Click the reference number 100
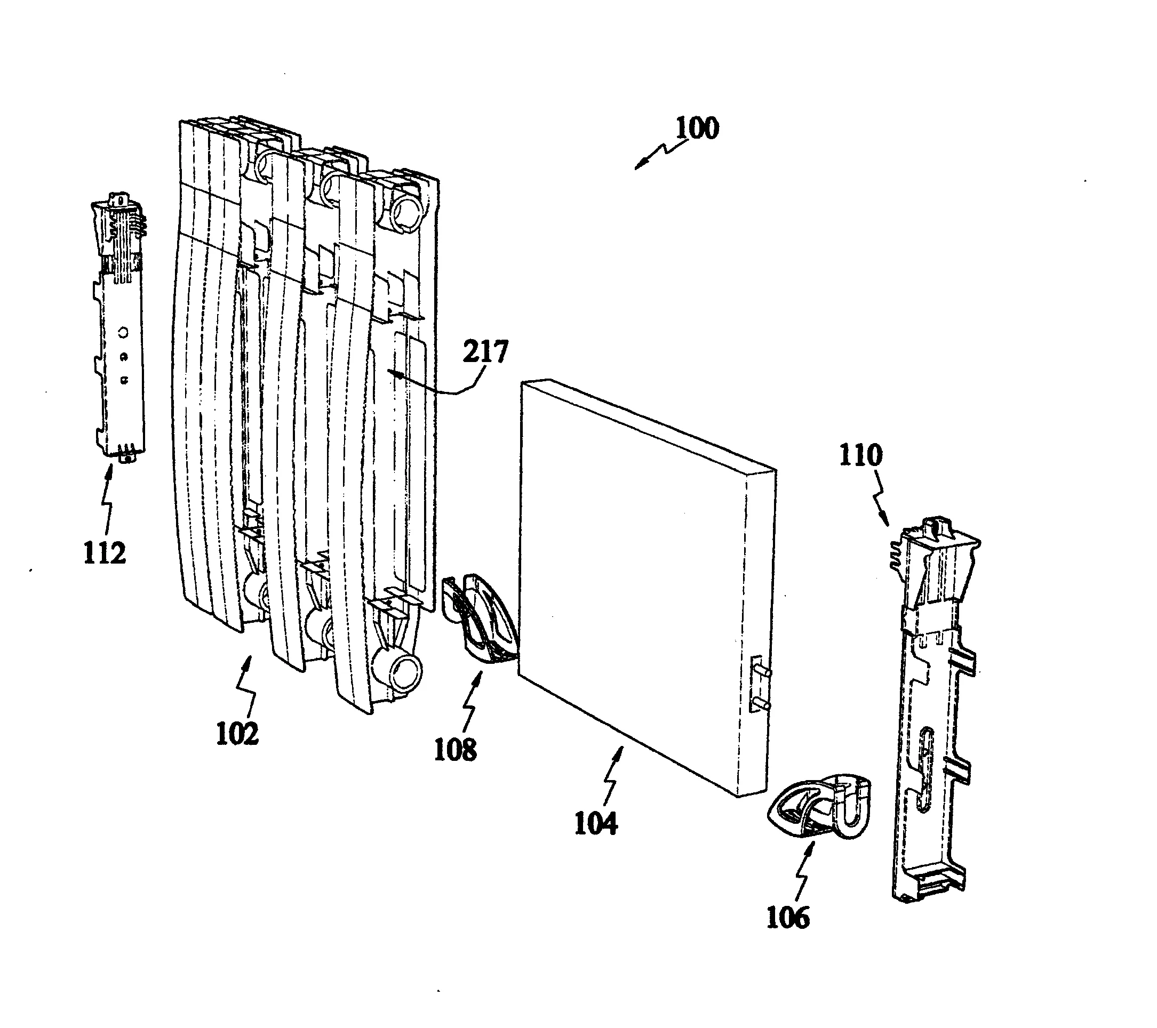click(697, 128)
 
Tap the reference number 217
click(485, 352)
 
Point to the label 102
click(238, 734)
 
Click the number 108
click(456, 750)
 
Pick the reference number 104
click(596, 823)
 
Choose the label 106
click(788, 917)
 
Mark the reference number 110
click(860, 455)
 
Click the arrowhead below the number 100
click(640, 165)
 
